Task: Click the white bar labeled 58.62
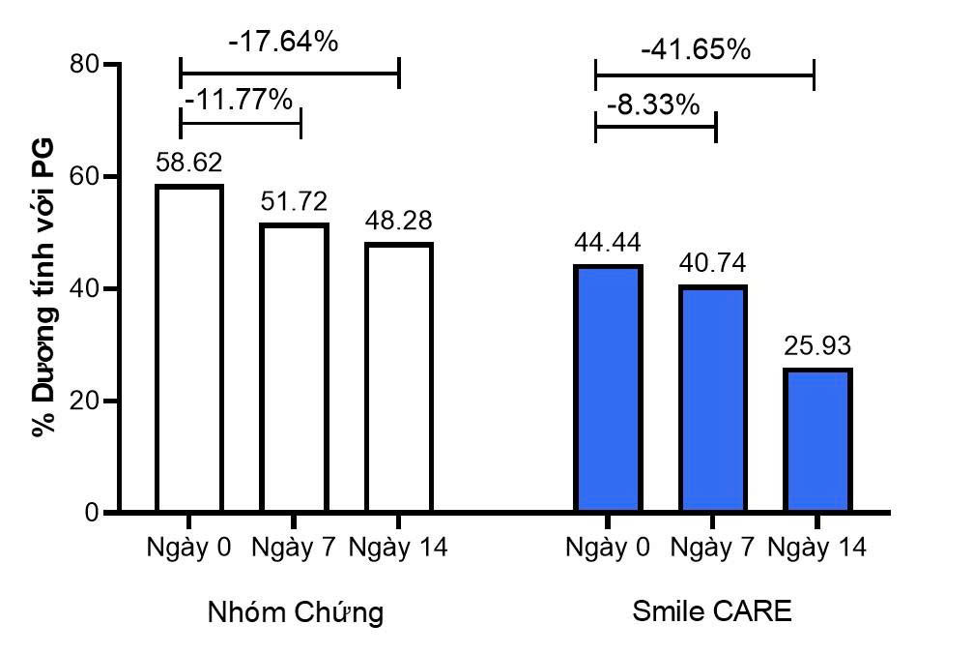(189, 348)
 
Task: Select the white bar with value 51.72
(294, 368)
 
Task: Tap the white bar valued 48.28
(398, 377)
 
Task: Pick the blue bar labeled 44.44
(607, 388)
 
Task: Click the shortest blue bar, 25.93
(818, 440)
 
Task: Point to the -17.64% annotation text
(283, 43)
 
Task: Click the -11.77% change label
(238, 99)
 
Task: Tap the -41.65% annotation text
(696, 48)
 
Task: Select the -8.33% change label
(653, 104)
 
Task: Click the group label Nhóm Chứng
(295, 612)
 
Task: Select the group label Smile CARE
(712, 611)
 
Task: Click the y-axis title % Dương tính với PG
(43, 288)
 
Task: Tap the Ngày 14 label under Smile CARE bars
(817, 548)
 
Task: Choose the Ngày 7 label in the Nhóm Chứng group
(294, 548)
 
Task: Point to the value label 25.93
(817, 345)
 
